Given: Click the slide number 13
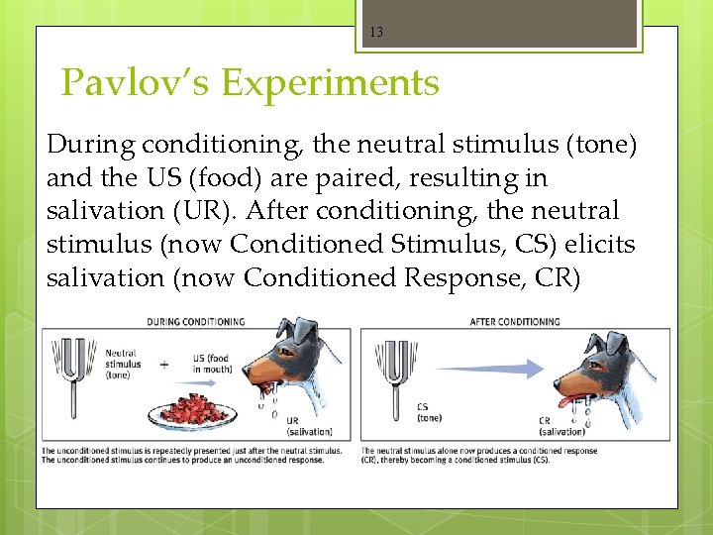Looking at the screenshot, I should coord(375,33).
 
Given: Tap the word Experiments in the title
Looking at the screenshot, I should coord(330,83).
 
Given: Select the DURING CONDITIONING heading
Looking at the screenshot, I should coord(195,322).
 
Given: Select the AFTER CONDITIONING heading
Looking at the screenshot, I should coord(514,322).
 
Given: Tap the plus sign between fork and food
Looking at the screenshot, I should coord(163,364).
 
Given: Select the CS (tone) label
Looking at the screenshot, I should coord(429,412).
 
